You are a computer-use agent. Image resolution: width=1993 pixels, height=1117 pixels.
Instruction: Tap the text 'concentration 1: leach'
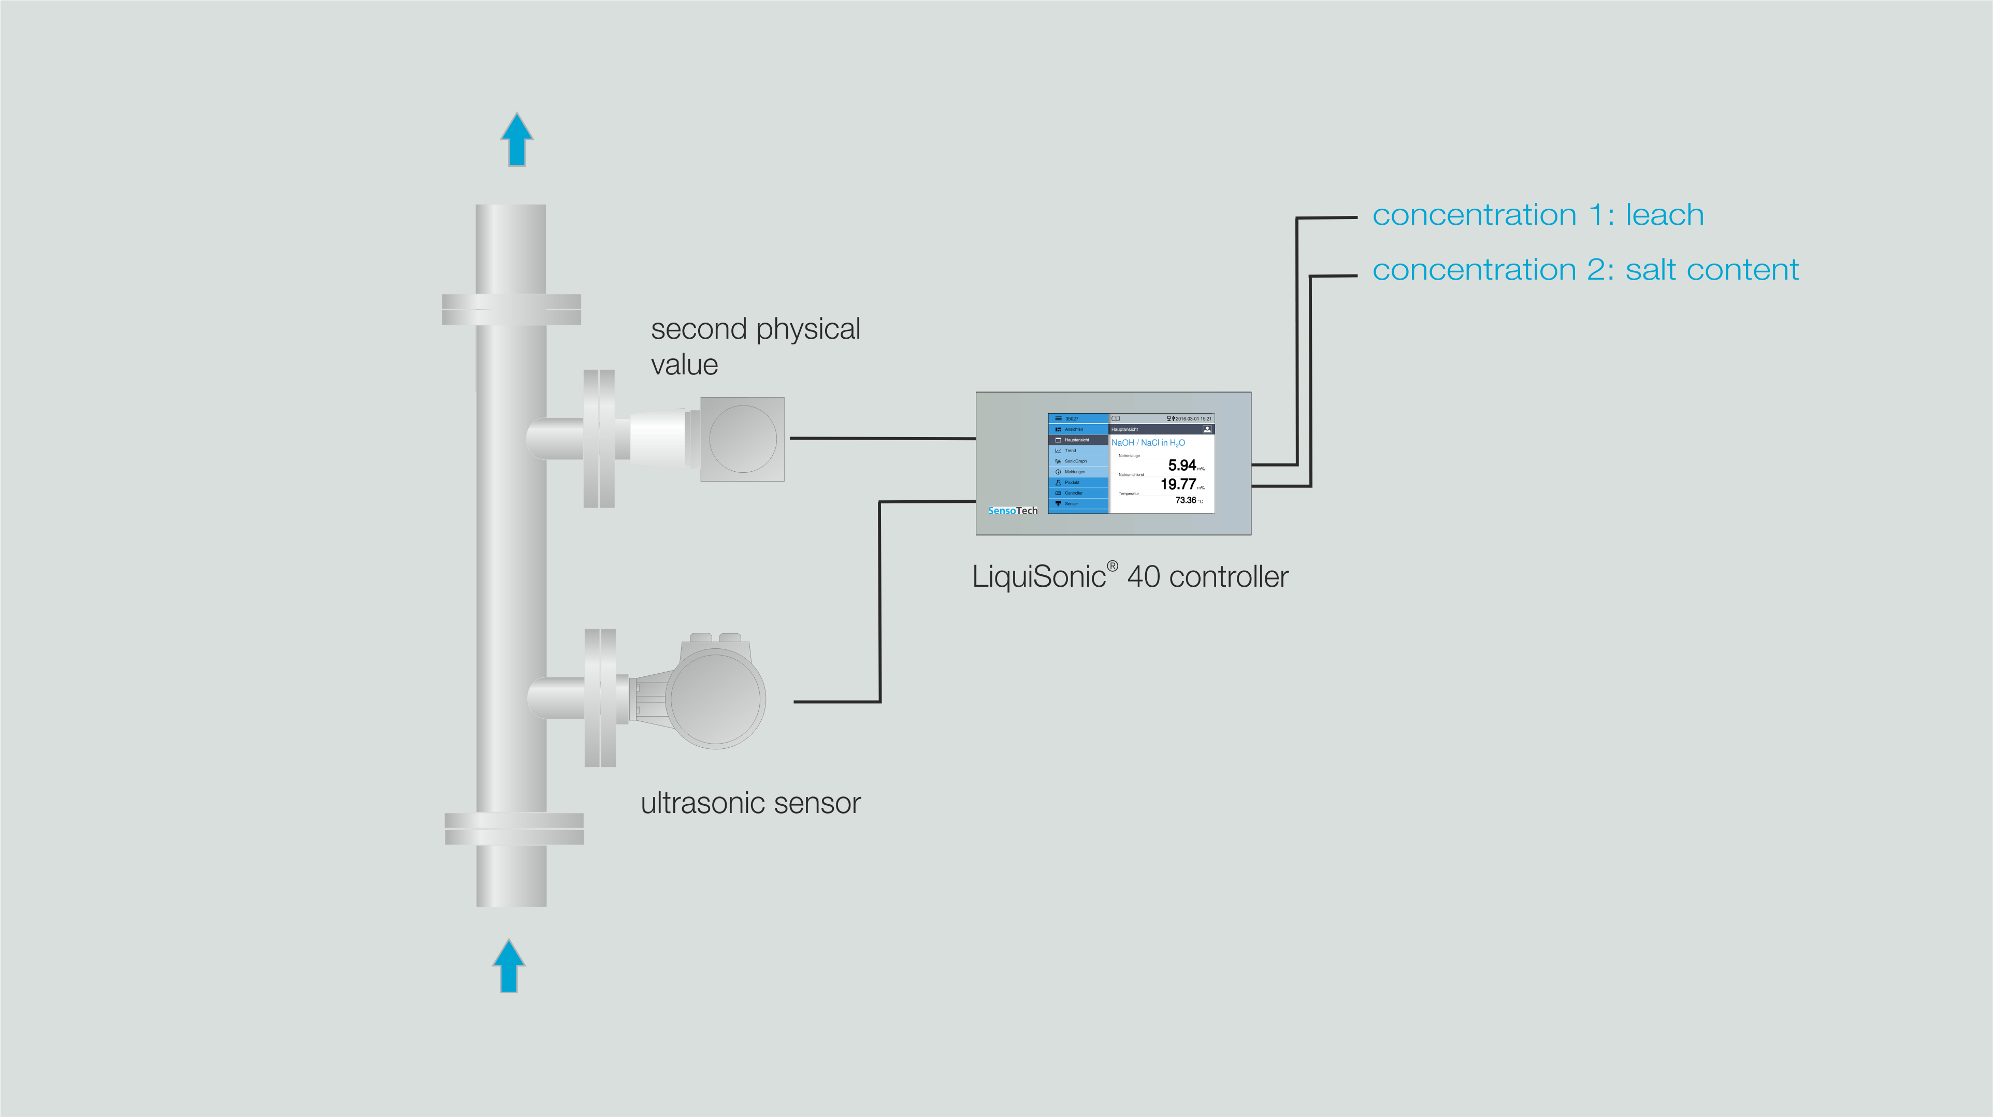(x=1537, y=215)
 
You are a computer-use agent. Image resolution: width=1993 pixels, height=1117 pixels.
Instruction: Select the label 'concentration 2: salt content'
(x=1584, y=270)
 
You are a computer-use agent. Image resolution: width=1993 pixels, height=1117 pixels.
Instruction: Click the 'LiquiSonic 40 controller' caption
(x=1130, y=577)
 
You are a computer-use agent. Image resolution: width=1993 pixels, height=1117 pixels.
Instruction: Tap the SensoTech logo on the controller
(x=1012, y=511)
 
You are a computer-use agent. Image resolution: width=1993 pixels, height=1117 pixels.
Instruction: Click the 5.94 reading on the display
(x=1181, y=465)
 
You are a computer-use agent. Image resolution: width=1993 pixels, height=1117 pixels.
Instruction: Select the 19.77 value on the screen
(x=1178, y=484)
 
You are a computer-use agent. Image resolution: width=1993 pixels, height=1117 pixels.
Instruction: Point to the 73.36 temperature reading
(x=1185, y=500)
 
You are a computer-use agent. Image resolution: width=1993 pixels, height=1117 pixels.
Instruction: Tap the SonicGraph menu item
(x=1075, y=461)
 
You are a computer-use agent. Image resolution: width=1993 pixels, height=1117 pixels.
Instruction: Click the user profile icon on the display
(x=1206, y=429)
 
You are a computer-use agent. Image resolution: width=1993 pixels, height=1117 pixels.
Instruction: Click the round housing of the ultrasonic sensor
(x=715, y=698)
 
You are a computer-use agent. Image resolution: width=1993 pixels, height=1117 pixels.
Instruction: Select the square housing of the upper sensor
(x=742, y=439)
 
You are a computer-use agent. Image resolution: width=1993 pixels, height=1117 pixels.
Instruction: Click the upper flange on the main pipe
(x=511, y=310)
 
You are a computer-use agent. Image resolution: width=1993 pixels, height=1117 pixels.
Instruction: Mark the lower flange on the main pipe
(x=514, y=829)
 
